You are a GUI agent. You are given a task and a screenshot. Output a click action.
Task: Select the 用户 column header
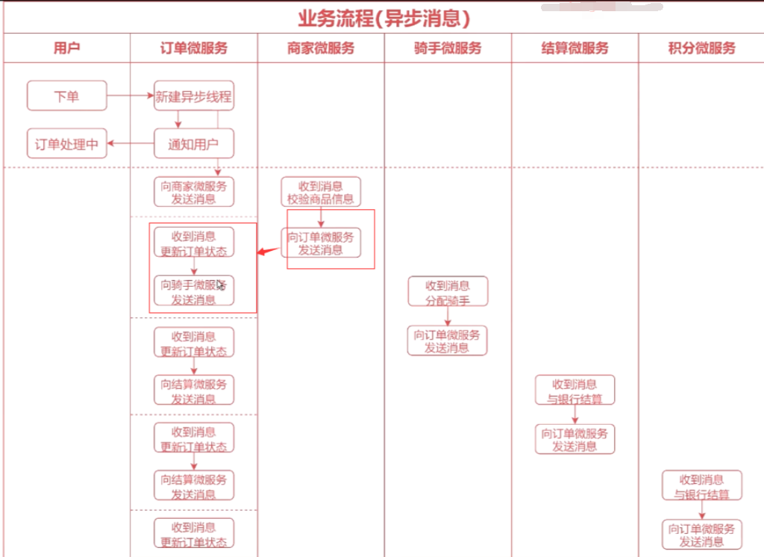click(x=66, y=49)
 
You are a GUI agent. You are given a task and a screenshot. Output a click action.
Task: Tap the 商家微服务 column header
click(x=321, y=49)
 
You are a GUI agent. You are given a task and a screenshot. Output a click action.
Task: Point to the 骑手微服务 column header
click(x=448, y=49)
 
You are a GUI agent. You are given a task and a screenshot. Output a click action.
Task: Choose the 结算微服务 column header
click(x=574, y=49)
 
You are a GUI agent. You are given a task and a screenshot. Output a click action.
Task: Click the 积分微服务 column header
click(x=701, y=49)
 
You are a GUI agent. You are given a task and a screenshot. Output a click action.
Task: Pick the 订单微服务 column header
click(x=194, y=49)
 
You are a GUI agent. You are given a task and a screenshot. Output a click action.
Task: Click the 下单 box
click(x=66, y=96)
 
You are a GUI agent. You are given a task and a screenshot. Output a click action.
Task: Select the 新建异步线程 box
click(x=194, y=96)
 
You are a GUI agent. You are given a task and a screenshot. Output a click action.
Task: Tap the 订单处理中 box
click(x=66, y=143)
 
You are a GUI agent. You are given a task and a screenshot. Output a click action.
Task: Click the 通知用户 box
click(x=194, y=143)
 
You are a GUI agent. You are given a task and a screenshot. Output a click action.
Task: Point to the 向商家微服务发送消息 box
click(x=194, y=192)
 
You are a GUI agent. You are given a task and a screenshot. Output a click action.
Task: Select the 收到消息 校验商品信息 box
click(x=321, y=192)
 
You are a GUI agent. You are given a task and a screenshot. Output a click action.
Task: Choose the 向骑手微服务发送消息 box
click(x=194, y=291)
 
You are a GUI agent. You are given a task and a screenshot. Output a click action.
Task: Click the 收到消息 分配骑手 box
click(x=448, y=291)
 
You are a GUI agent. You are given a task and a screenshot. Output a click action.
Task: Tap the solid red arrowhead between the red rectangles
click(x=263, y=252)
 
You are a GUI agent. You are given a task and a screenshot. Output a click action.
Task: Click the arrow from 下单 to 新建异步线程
click(x=131, y=96)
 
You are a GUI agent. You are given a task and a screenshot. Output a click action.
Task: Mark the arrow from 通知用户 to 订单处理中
click(x=131, y=143)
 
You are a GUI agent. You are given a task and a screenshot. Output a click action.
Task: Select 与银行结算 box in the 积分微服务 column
click(x=701, y=486)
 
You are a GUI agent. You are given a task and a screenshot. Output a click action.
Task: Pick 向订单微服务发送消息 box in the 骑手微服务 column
click(x=448, y=340)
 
